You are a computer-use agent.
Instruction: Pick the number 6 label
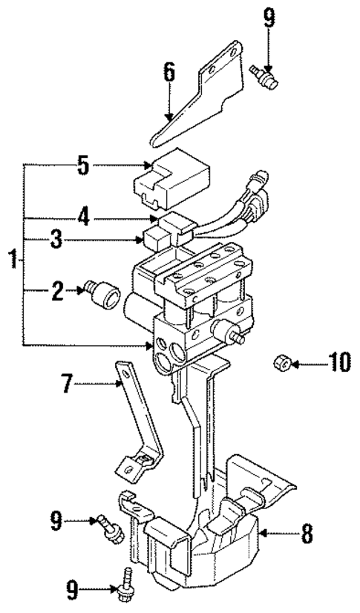(x=169, y=72)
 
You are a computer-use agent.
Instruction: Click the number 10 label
(x=338, y=364)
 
